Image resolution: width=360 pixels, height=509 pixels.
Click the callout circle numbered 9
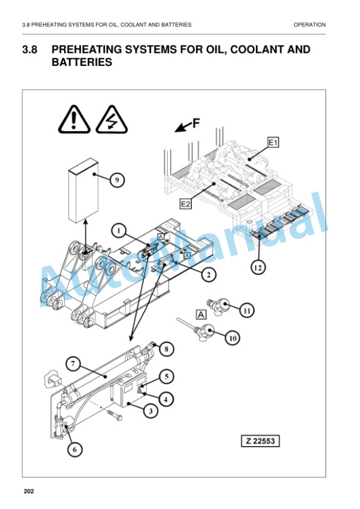tap(117, 179)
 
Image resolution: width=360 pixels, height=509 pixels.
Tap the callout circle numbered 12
tap(258, 267)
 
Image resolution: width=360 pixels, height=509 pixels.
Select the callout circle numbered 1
tap(119, 231)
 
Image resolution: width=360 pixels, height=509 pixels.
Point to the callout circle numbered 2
tap(208, 274)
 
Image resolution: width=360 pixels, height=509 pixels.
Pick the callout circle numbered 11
tap(246, 310)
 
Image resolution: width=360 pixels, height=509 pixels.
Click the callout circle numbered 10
tap(232, 338)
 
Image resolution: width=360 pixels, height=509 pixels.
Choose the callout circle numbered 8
tap(166, 349)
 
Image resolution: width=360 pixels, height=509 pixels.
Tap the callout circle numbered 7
tap(73, 364)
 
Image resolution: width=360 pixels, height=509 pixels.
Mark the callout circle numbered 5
tap(166, 376)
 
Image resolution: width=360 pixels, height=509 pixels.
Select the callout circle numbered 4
tap(166, 399)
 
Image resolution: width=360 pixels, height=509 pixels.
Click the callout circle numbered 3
tap(151, 411)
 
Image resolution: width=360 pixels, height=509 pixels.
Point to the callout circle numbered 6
tap(75, 449)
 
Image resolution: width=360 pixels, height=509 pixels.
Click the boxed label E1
tap(273, 142)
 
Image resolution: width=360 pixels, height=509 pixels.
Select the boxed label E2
tap(185, 204)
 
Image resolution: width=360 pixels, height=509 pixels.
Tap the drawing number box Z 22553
tap(260, 441)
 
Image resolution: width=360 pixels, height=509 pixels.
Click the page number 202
tap(29, 491)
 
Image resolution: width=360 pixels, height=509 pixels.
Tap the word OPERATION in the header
tap(309, 25)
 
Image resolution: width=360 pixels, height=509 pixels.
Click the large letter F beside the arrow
tap(196, 123)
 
